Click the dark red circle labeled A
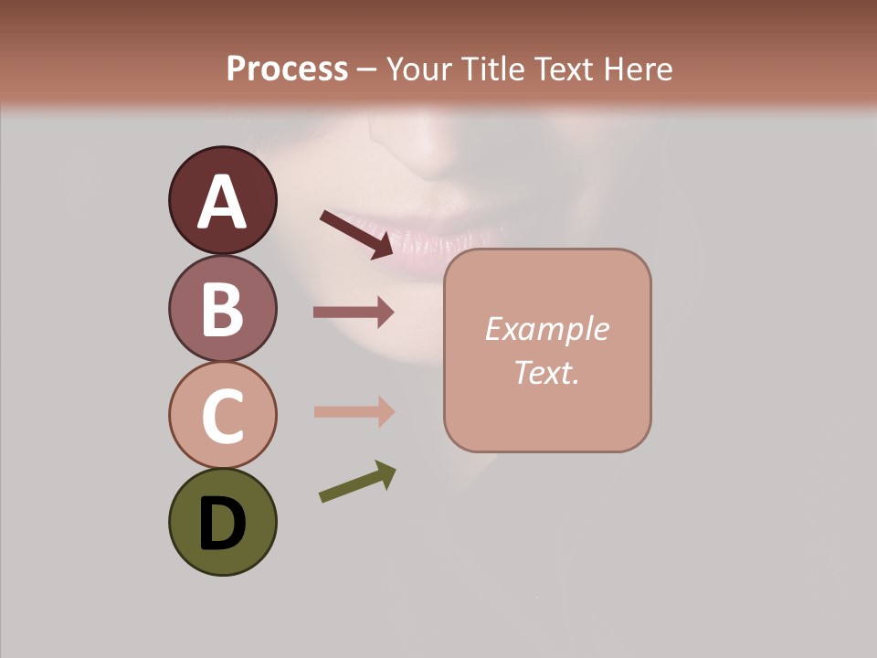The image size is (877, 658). click(222, 200)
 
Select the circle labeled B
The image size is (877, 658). click(222, 308)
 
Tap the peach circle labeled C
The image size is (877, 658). click(222, 415)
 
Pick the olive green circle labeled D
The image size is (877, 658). click(222, 522)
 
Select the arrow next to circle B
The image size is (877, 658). click(354, 312)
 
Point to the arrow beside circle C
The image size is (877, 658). click(354, 411)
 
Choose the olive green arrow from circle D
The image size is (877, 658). click(357, 482)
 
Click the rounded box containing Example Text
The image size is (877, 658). click(547, 351)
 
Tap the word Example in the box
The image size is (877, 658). click(547, 329)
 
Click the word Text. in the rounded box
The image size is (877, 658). click(547, 373)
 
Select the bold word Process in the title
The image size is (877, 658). click(287, 69)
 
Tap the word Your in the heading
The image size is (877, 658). click(416, 69)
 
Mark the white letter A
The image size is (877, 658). click(222, 202)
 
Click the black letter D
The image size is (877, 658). click(222, 524)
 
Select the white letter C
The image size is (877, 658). click(222, 416)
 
